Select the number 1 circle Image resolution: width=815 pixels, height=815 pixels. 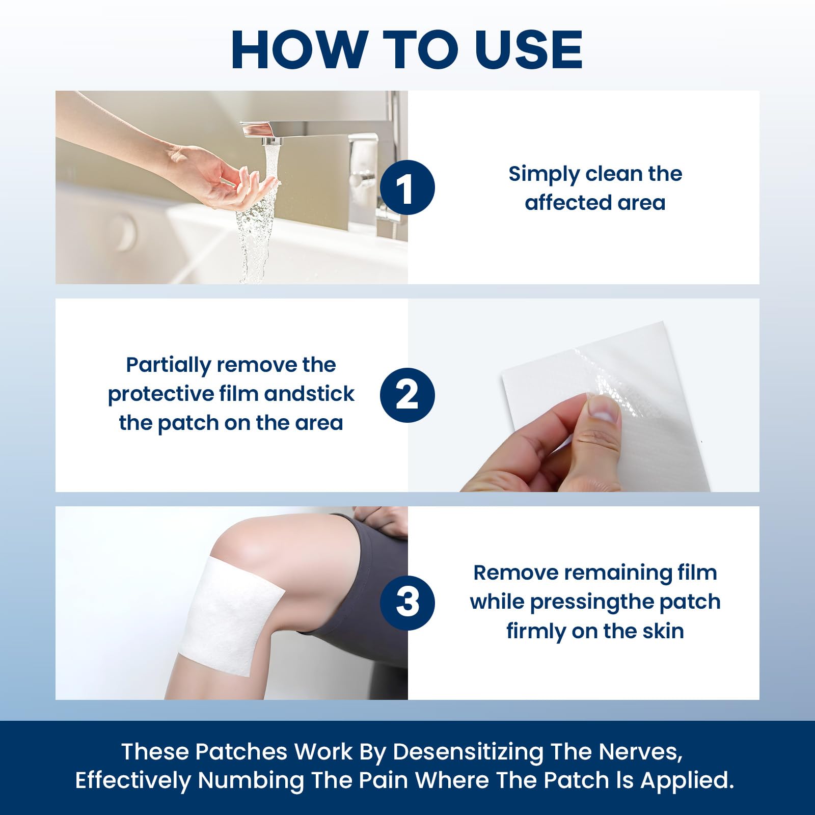point(407,187)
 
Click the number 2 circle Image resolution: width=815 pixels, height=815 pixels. point(407,395)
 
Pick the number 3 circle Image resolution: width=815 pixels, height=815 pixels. point(407,603)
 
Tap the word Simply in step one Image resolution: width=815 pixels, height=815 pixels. point(544,175)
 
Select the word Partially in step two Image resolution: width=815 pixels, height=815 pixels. point(168,365)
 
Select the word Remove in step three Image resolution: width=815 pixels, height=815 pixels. point(515,573)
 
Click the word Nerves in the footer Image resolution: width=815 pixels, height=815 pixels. point(640,752)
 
